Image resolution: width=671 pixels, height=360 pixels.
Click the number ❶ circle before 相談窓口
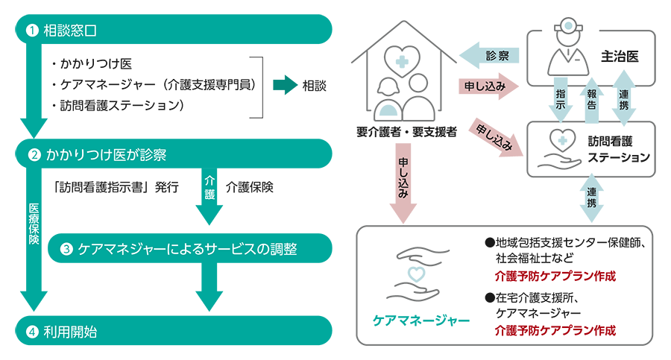(31, 31)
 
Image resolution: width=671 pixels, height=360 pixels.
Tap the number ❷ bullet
(33, 156)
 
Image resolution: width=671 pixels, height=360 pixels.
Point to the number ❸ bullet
(66, 249)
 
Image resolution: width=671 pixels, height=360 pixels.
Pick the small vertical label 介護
(209, 186)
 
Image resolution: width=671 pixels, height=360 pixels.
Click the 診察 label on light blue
(497, 56)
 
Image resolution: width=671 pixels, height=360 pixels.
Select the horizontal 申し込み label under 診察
(485, 86)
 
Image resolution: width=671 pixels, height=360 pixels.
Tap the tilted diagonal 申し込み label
(494, 134)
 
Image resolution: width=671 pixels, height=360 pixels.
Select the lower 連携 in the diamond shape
(592, 196)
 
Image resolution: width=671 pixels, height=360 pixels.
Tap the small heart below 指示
(561, 139)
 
